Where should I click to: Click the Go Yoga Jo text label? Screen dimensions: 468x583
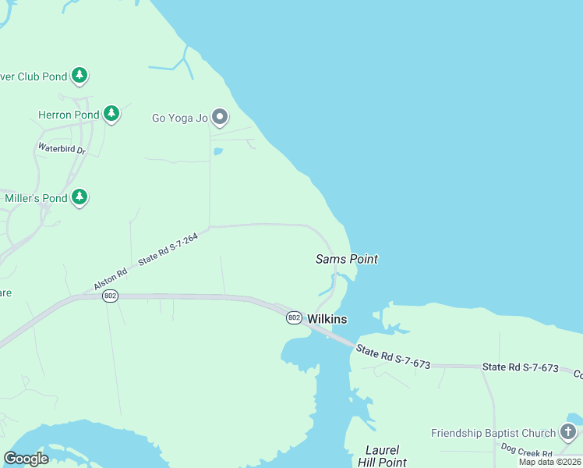[179, 119]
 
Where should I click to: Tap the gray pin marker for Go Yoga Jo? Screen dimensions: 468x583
[220, 117]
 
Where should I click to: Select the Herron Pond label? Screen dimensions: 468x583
[69, 115]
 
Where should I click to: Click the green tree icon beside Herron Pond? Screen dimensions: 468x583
[111, 114]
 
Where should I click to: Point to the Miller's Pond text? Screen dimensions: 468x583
[37, 198]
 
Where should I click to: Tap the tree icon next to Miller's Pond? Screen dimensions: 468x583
[79, 197]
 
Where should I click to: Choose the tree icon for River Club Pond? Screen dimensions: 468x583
[79, 75]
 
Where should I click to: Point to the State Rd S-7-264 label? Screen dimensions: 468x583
[168, 249]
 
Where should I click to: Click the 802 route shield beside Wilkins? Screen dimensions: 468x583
[294, 317]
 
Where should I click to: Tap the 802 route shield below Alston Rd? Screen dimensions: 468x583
[111, 296]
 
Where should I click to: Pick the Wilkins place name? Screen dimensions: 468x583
[327, 319]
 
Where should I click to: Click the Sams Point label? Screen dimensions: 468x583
[346, 259]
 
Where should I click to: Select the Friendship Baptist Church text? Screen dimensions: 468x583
[493, 433]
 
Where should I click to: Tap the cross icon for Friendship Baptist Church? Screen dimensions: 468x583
[568, 431]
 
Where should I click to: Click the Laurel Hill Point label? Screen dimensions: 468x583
[382, 456]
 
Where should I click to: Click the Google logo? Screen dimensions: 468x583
[26, 458]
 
